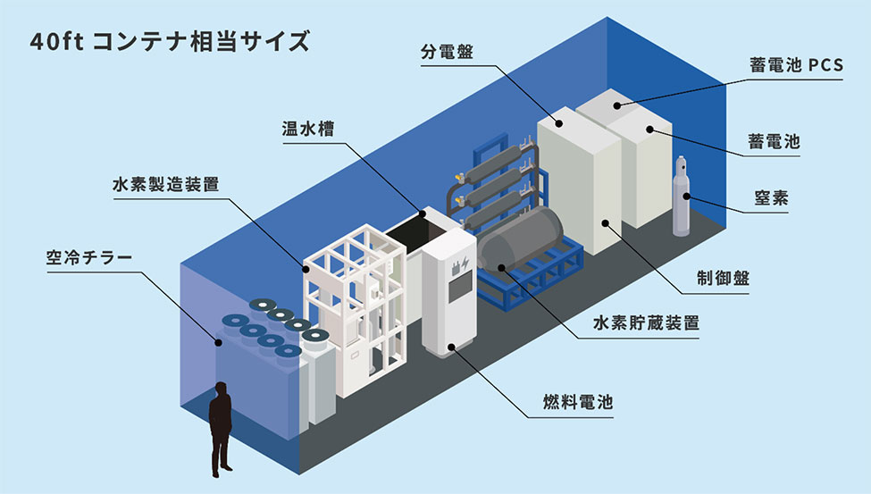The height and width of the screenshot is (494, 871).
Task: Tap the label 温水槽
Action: tap(304, 129)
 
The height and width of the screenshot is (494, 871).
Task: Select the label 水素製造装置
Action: tap(165, 186)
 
